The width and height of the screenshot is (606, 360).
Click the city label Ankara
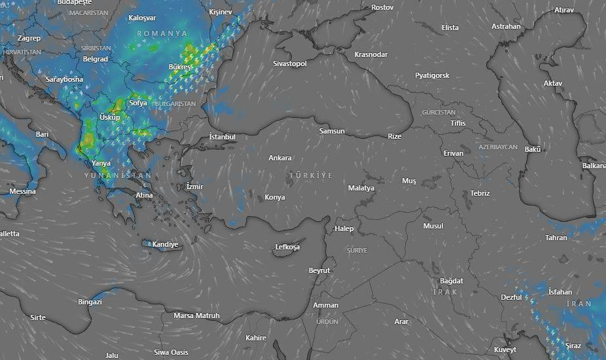(x=280, y=158)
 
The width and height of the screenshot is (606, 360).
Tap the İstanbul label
(x=222, y=137)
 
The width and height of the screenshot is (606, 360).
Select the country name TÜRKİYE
(x=311, y=175)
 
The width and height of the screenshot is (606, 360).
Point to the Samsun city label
(x=331, y=131)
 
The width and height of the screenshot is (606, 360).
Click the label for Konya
(x=275, y=197)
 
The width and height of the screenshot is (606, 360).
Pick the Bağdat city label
(x=452, y=281)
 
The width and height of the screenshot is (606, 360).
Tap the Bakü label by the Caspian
(x=533, y=149)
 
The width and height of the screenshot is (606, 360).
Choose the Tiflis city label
(x=458, y=123)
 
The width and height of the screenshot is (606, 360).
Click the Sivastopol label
(x=289, y=63)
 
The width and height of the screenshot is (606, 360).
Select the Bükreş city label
(x=180, y=67)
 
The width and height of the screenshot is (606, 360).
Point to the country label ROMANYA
(x=162, y=33)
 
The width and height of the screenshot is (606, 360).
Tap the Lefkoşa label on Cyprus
(x=287, y=247)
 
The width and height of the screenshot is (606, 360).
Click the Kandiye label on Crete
(x=165, y=244)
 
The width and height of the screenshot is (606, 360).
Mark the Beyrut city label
(x=319, y=270)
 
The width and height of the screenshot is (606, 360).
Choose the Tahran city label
(x=556, y=238)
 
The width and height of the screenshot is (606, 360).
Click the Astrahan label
(x=506, y=27)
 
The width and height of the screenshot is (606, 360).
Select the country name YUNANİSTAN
(x=118, y=175)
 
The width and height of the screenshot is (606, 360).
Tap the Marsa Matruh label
(x=196, y=315)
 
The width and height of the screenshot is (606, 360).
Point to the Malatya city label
(x=361, y=188)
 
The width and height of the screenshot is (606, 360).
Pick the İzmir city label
(x=195, y=187)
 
